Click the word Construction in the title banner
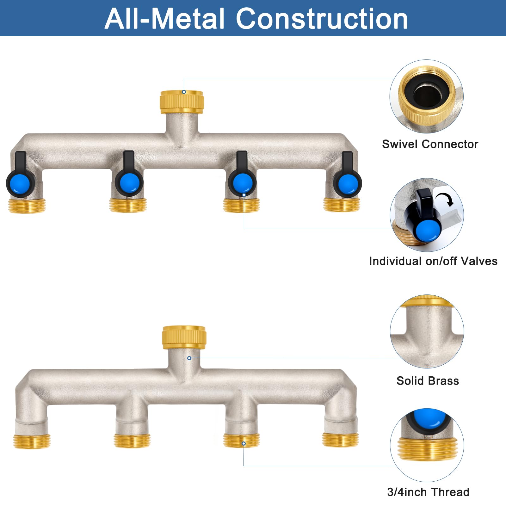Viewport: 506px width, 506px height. (322, 19)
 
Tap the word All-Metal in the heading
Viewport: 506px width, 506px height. (164, 19)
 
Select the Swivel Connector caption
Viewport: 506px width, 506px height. (430, 144)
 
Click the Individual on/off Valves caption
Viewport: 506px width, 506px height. (433, 261)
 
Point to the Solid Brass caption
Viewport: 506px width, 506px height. (428, 381)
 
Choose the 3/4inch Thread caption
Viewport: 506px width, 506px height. (428, 492)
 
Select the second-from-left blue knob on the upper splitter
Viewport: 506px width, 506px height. (129, 183)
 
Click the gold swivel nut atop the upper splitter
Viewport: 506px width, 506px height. (182, 102)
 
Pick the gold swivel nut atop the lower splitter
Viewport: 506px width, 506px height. (184, 338)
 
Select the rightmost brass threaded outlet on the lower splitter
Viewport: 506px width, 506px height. (340, 440)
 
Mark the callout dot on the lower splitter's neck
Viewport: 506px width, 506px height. (189, 358)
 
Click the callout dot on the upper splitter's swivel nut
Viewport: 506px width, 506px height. (184, 92)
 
